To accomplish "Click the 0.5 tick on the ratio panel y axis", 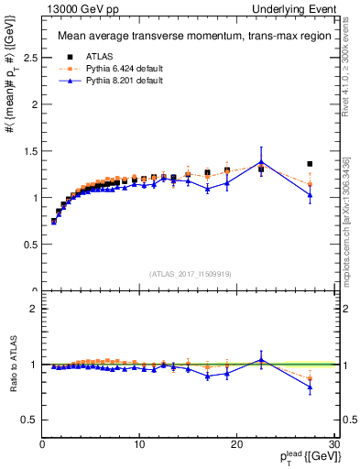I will (30, 420).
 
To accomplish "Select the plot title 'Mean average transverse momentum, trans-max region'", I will (188, 37).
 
